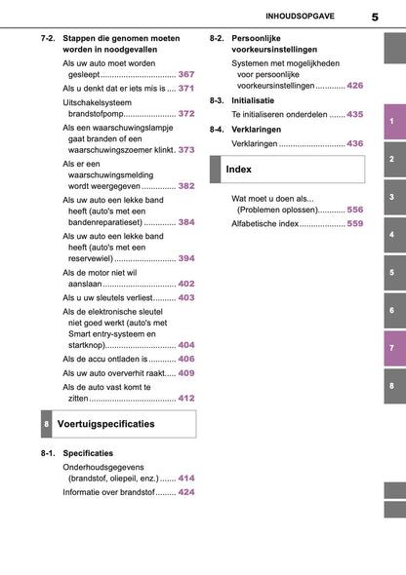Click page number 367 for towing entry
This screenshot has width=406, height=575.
(x=186, y=74)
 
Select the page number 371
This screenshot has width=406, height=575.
(x=186, y=88)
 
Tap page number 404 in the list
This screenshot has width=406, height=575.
(x=186, y=345)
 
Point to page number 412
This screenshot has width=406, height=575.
(x=186, y=398)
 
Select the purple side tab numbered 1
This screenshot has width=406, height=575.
(x=391, y=121)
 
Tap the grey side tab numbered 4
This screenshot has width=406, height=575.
(x=391, y=235)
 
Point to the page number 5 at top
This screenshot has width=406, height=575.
(x=374, y=17)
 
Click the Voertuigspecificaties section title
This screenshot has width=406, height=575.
(x=106, y=425)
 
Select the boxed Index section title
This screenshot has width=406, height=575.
(x=239, y=170)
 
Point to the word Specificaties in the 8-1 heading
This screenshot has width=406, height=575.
(x=88, y=453)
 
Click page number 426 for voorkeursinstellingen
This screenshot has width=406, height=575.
(x=355, y=86)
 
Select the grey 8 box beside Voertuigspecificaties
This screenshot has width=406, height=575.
(x=48, y=425)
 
